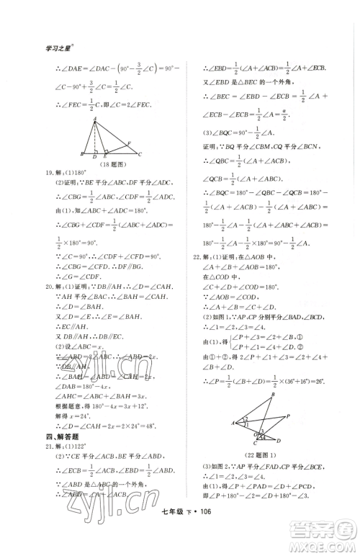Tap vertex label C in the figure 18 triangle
pos(138,155)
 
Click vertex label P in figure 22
pos(288,416)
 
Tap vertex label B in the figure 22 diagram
pos(272,395)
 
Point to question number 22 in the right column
pos(193,256)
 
